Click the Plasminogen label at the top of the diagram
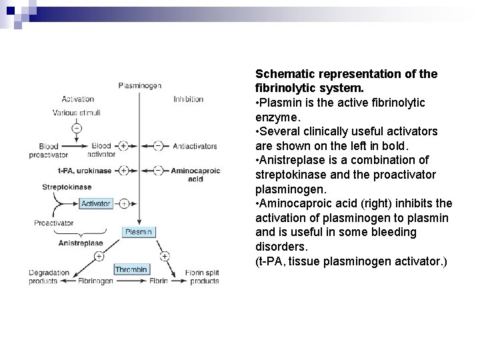pos(139,85)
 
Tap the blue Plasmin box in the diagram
pos(139,232)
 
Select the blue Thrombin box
pos(132,269)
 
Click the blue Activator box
pos(96,203)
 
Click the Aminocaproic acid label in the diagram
pos(193,174)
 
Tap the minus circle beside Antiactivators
pos(158,145)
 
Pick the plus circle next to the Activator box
pos(123,203)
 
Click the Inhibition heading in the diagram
pos(188,99)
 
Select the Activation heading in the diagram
pos(78,99)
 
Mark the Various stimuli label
pos(77,113)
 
